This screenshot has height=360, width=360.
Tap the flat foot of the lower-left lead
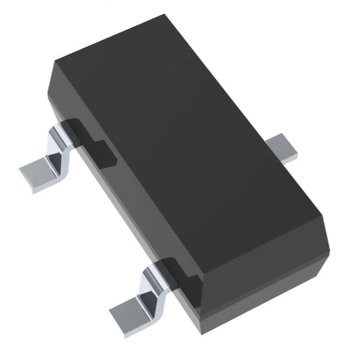pos(130,310)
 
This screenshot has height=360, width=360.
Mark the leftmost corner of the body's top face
pos(54,61)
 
